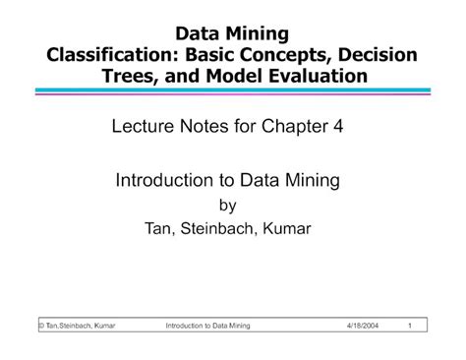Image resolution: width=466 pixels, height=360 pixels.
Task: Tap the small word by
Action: [x=233, y=206]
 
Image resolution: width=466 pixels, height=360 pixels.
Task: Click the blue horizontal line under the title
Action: [x=233, y=90]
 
